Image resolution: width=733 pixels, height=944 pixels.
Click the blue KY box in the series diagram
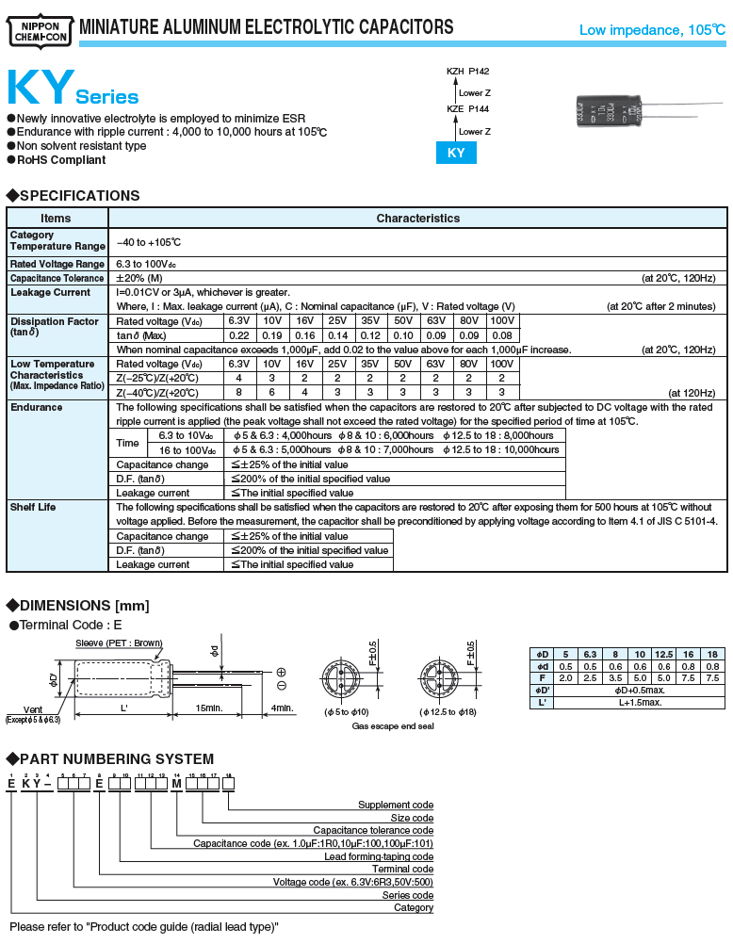(x=455, y=153)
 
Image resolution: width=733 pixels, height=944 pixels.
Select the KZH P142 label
(x=468, y=72)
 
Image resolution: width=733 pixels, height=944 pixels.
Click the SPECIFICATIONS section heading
(x=79, y=195)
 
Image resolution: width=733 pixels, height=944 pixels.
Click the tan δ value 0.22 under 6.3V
(x=239, y=335)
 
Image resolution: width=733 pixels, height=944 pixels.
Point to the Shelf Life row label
(x=33, y=507)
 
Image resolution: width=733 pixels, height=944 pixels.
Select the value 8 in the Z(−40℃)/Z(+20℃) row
(x=239, y=392)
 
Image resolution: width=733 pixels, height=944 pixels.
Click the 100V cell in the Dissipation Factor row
(x=502, y=321)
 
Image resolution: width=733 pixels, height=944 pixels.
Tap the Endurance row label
(x=37, y=407)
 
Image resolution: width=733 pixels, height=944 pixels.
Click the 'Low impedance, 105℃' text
(x=652, y=30)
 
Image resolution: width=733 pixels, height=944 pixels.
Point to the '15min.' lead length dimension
(x=208, y=708)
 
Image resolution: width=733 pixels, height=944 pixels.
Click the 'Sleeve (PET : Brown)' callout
(x=119, y=643)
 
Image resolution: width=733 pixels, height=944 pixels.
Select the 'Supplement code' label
(x=396, y=805)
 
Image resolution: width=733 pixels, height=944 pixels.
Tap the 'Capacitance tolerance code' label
(x=373, y=830)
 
